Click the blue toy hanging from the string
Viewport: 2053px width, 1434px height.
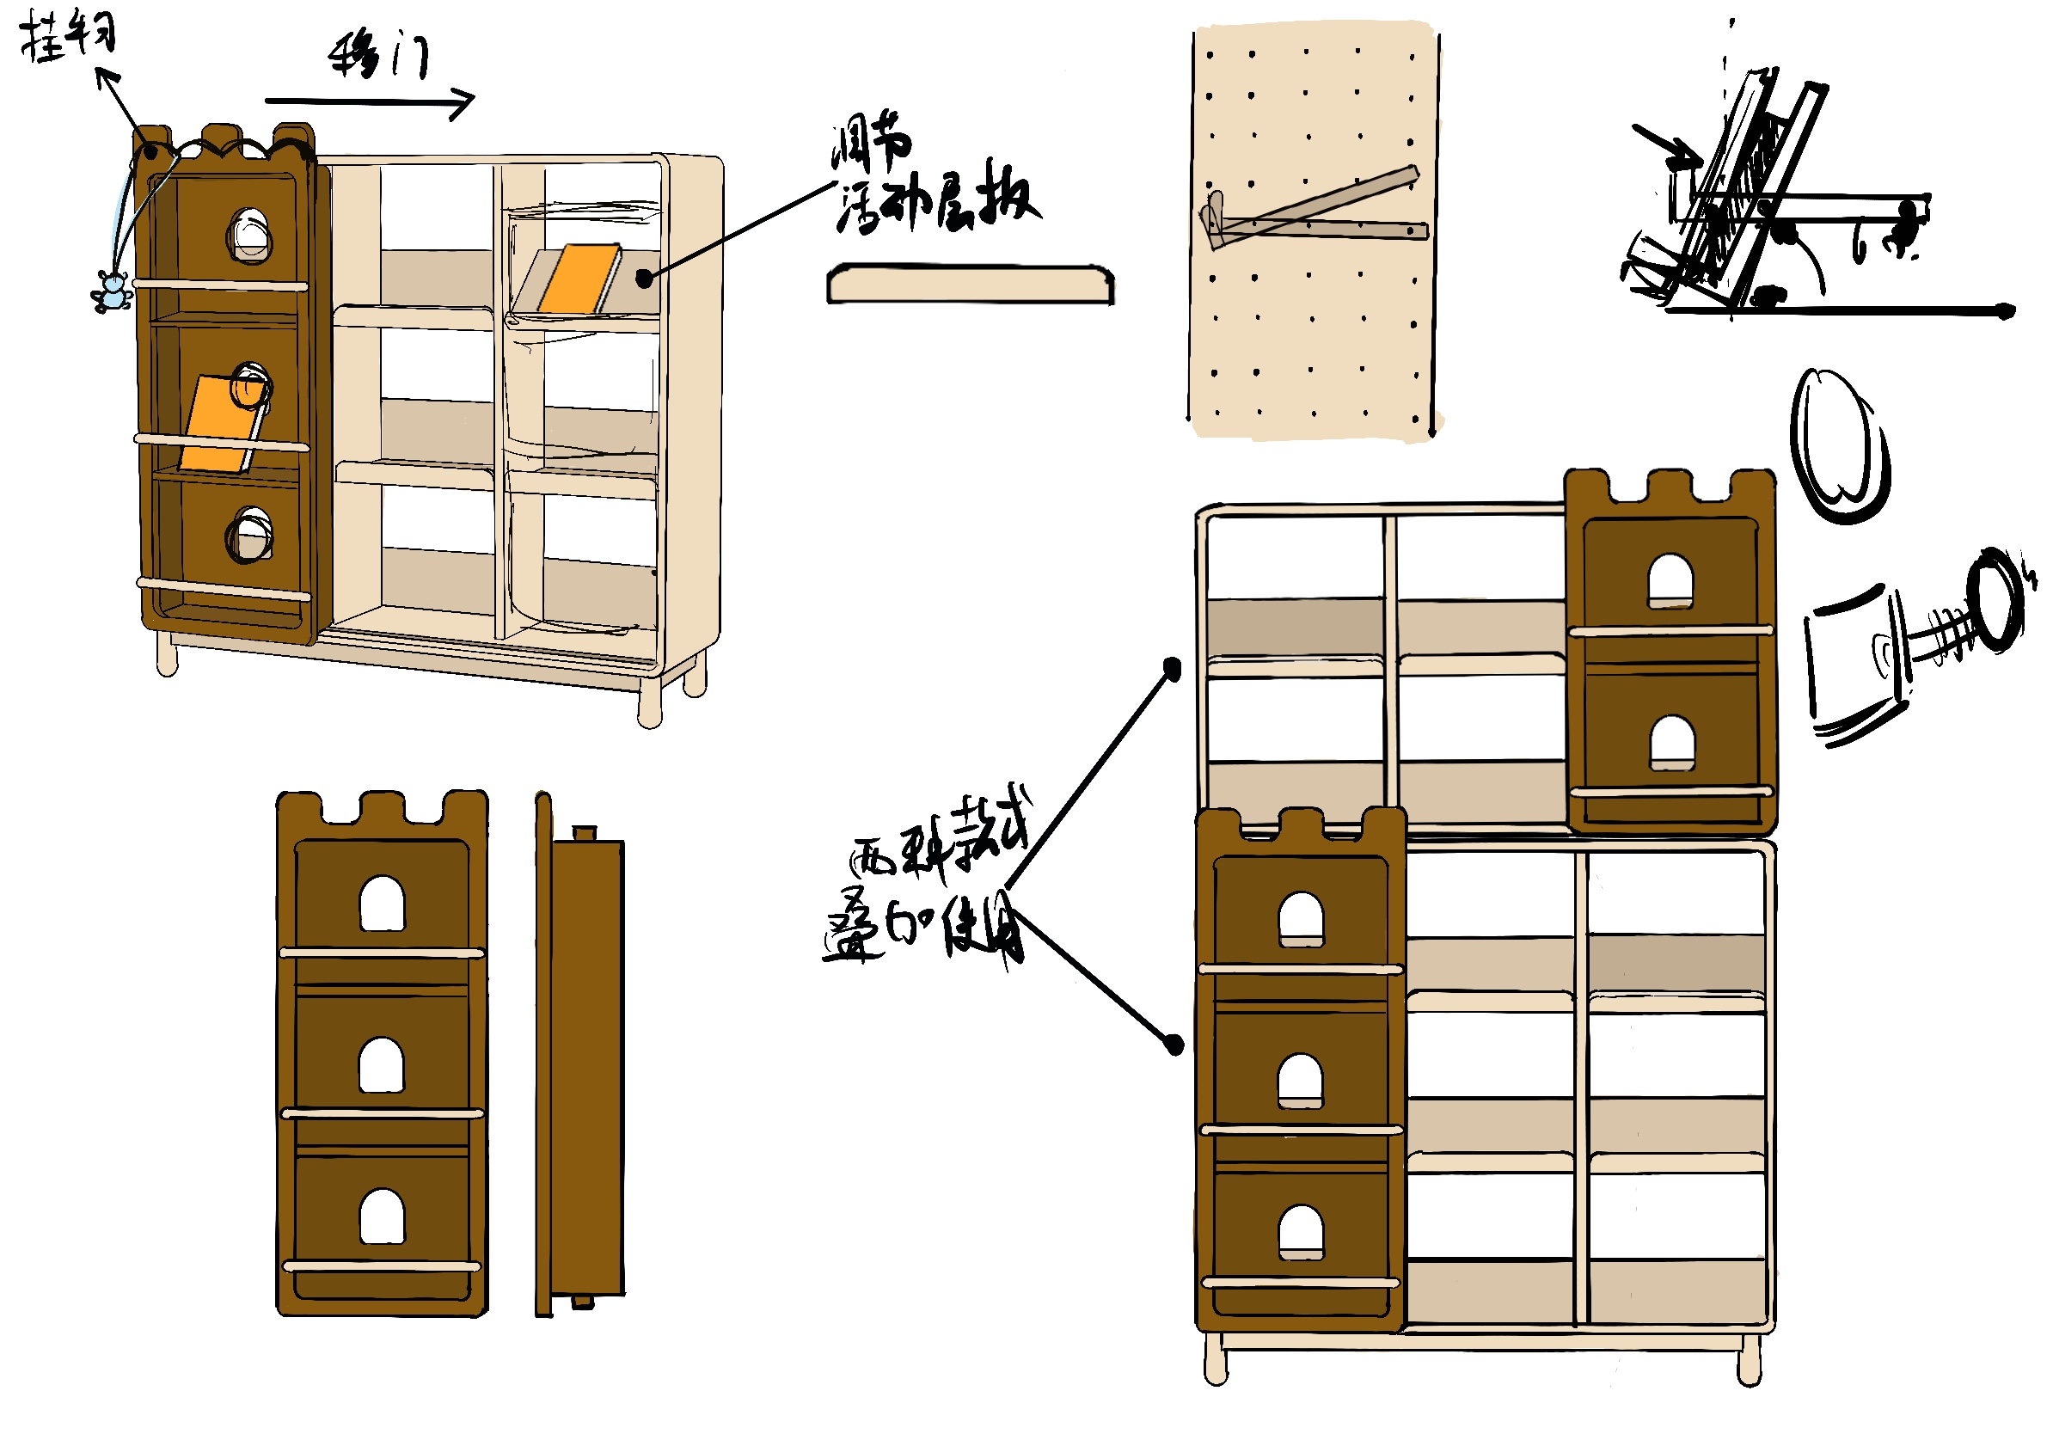click(112, 292)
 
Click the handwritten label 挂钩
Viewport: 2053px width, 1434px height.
click(69, 38)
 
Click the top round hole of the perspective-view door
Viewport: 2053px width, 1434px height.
click(249, 234)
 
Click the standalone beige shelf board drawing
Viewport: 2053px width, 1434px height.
click(970, 285)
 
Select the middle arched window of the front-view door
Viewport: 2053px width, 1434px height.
click(382, 1065)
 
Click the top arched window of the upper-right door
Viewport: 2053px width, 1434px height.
click(1670, 581)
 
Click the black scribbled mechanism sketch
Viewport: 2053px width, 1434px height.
click(1753, 205)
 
